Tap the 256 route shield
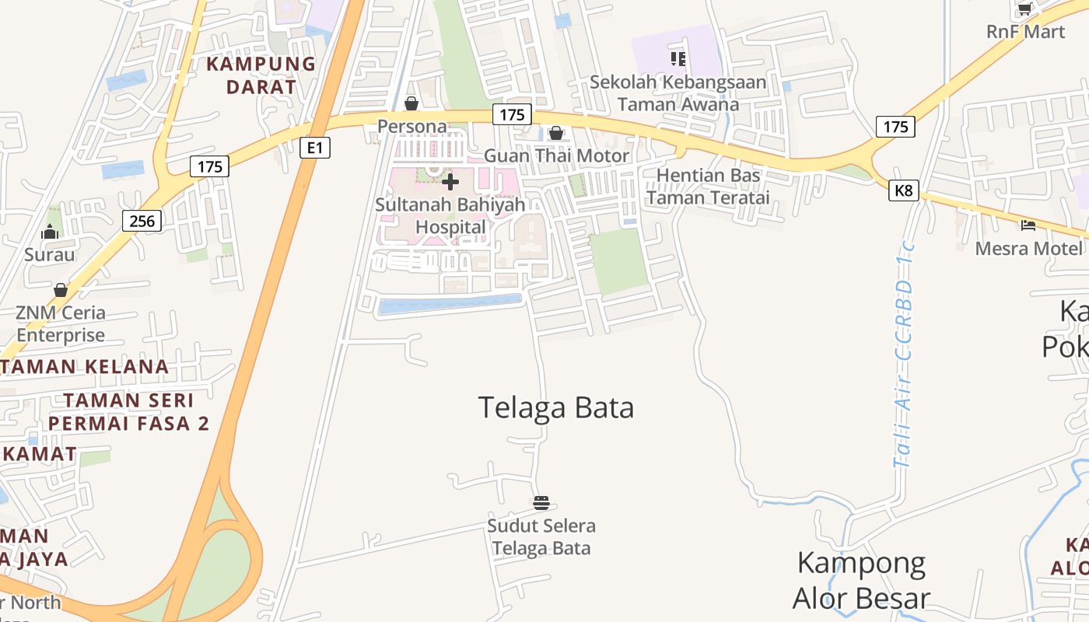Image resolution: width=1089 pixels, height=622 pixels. coord(142,221)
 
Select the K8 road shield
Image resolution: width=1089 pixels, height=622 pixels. coord(904,190)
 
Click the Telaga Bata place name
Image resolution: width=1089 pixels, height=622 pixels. coord(555,407)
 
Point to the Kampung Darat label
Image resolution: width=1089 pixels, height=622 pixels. coord(261,75)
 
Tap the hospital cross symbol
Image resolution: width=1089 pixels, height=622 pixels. coord(450,182)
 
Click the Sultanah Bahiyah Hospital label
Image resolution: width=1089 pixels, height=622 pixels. coord(450,216)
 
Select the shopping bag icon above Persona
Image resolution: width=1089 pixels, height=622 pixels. coord(411,103)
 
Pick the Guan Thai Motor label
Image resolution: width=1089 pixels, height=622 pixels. coord(556,155)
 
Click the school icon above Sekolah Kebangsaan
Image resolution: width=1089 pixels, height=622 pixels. coord(678,58)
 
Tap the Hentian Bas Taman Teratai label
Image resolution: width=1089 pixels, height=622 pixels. coord(708,187)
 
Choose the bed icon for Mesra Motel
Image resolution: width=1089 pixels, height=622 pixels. coord(1028,225)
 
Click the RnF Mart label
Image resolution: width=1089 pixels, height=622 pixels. coord(1025,32)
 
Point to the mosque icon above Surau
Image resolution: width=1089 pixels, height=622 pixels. coord(50,232)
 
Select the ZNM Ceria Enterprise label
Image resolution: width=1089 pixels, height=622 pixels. coord(61,324)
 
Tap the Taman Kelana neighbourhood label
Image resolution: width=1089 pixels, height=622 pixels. coord(84,366)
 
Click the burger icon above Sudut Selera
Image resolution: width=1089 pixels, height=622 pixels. coord(541,502)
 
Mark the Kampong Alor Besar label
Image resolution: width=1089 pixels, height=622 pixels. coord(861,580)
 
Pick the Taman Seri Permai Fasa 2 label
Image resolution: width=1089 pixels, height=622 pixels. coord(128,412)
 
